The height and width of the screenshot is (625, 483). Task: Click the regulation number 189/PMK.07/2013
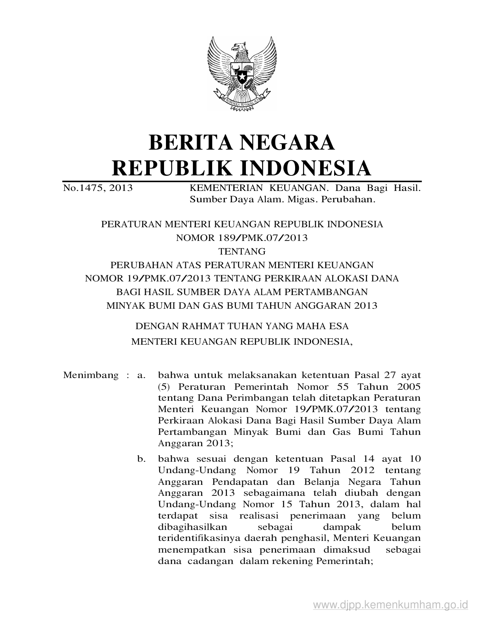pyautogui.click(x=263, y=238)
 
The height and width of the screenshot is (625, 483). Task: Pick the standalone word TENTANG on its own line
pyautogui.click(x=242, y=251)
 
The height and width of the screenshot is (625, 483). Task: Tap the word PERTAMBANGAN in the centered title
pyautogui.click(x=326, y=292)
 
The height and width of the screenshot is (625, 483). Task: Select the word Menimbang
pyautogui.click(x=91, y=375)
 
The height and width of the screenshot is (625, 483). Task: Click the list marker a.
pyautogui.click(x=142, y=375)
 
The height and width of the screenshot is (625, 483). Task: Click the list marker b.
pyautogui.click(x=142, y=459)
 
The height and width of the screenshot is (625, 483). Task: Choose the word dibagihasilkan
pyautogui.click(x=192, y=527)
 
